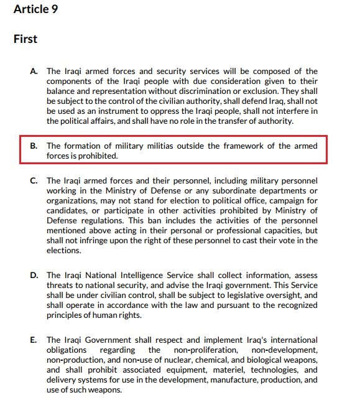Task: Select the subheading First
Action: click(25, 39)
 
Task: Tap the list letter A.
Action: click(34, 72)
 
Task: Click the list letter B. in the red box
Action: click(34, 146)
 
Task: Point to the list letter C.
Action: click(34, 180)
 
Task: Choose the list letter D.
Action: click(34, 274)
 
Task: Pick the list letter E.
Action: click(34, 340)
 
